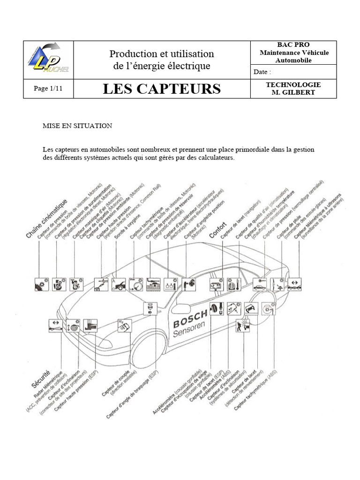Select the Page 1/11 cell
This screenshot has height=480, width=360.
tap(48, 89)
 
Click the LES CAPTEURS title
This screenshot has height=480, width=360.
tap(162, 89)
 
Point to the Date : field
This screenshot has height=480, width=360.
tap(262, 72)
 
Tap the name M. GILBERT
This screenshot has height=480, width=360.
tap(293, 92)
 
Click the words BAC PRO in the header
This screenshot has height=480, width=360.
tap(293, 45)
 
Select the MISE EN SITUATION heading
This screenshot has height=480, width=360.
tap(77, 126)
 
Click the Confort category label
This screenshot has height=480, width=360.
tap(218, 230)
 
